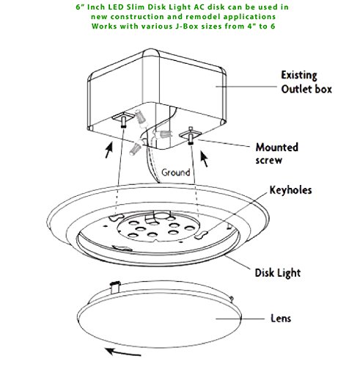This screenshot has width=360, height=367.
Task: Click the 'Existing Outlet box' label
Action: [306, 82]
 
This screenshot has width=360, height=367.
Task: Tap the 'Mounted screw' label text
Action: [277, 153]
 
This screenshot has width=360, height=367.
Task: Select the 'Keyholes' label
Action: [290, 190]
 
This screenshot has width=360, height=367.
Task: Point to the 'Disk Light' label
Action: [278, 273]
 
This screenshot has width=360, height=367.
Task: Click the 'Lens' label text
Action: [281, 319]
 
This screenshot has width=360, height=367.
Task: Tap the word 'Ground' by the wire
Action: [176, 172]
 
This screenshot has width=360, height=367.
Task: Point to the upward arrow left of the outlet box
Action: [109, 150]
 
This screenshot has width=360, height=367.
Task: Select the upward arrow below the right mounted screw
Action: [205, 159]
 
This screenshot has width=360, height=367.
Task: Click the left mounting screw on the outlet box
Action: [123, 122]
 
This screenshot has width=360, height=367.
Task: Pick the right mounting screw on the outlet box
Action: [191, 136]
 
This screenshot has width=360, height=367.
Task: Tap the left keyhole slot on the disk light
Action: [117, 217]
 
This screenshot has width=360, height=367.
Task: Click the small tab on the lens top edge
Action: [115, 287]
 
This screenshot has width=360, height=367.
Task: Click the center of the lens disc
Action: [159, 318]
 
